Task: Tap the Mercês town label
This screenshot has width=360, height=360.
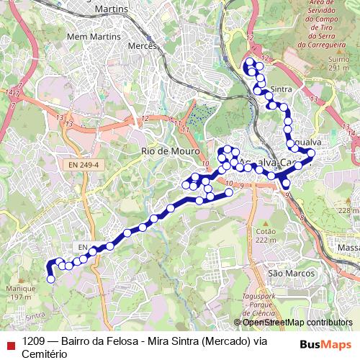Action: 142,45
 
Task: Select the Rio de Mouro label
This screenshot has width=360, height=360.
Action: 166,151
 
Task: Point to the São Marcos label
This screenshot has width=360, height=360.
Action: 292,274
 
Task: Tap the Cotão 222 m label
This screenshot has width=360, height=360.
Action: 266,235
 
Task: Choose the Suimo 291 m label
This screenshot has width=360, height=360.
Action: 338,63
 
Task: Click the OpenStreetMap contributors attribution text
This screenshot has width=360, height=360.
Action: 293,323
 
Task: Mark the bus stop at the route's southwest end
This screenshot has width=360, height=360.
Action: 50,279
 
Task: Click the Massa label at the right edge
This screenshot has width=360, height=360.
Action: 348,248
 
